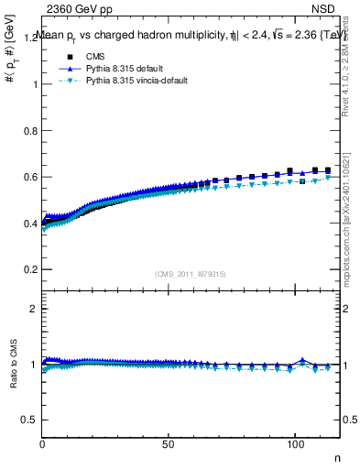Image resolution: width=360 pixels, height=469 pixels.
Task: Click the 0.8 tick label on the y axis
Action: click(31, 130)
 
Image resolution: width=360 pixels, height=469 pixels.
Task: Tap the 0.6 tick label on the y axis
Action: click(31, 177)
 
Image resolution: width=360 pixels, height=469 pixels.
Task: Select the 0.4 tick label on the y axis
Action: click(31, 223)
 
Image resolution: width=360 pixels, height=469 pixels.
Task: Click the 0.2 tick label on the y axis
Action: click(31, 269)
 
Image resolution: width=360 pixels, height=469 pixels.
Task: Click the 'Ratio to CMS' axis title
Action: click(14, 365)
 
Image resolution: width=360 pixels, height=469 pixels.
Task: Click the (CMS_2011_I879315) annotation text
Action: click(191, 274)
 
